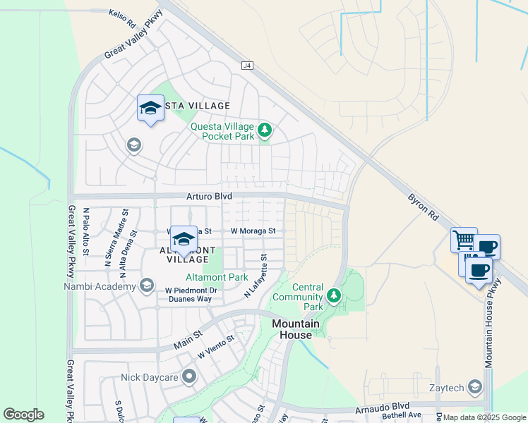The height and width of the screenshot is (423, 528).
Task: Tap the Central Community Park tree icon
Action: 334,295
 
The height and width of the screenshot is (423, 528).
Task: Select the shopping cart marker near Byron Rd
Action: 464,240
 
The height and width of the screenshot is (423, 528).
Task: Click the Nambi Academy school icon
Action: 147,286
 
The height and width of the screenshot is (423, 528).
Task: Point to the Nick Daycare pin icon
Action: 188,377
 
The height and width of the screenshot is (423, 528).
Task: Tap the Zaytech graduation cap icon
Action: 476,386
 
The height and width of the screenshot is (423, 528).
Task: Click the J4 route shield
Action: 246,66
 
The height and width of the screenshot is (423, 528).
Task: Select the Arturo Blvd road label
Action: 199,195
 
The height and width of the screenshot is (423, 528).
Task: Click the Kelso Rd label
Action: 122,18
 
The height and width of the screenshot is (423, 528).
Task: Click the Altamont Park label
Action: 216,277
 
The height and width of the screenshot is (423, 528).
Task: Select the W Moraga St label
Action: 253,231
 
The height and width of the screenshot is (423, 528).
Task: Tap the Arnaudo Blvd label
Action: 385,406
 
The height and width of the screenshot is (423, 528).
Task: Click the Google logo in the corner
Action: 23,415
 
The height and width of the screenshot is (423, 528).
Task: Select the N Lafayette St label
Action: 256,276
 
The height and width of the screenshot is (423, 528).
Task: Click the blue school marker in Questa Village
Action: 150,108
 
